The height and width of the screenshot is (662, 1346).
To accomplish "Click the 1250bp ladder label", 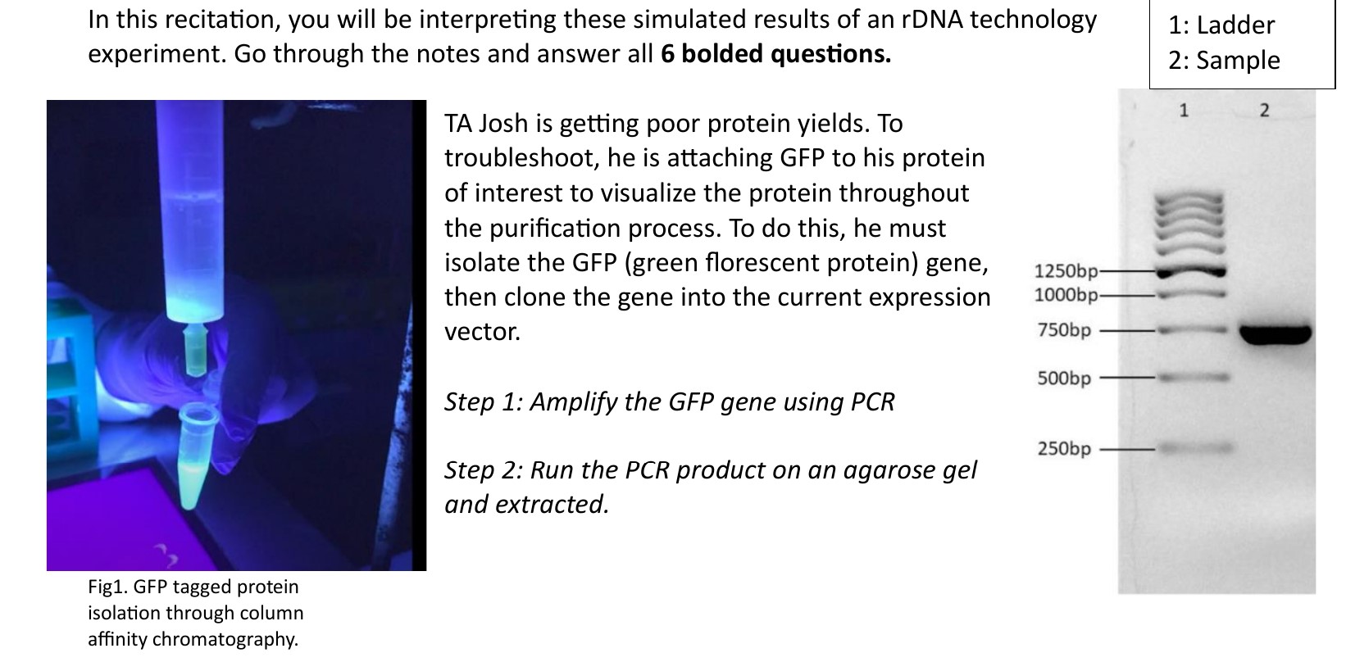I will click(x=1065, y=271).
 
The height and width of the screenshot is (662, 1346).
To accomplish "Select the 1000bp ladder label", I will click(x=1065, y=295).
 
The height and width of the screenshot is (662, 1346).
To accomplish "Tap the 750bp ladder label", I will click(x=1064, y=330).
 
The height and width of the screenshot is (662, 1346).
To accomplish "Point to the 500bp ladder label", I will click(x=1064, y=379).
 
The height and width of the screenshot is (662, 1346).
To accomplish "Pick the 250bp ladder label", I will click(x=1064, y=449).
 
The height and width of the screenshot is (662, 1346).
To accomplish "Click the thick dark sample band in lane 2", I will click(x=1275, y=333).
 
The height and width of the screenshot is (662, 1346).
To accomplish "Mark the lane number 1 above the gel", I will click(x=1183, y=110).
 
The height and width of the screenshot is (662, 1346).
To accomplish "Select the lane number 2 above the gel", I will click(x=1263, y=110).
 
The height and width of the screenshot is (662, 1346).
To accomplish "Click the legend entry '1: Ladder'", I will click(x=1221, y=25).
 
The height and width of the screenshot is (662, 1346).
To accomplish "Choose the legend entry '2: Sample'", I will click(x=1224, y=61).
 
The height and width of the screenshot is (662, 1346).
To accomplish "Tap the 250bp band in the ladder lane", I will click(x=1194, y=448).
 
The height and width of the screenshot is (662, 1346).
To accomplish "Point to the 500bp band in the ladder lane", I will click(x=1194, y=378).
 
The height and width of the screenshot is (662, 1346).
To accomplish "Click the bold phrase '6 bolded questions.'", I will click(x=775, y=54).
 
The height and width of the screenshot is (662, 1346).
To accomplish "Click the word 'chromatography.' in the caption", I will click(x=193, y=640).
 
